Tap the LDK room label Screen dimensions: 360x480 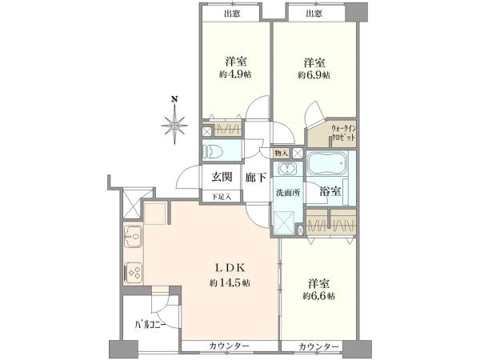[x=228, y=268]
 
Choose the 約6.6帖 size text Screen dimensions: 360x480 [x=319, y=296]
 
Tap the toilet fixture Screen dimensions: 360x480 [x=218, y=150]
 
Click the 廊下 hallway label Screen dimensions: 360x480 [x=255, y=178]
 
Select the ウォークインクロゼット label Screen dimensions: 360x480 [x=342, y=133]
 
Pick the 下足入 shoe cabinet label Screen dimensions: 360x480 [x=221, y=196]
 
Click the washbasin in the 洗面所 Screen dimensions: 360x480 [x=286, y=170]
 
